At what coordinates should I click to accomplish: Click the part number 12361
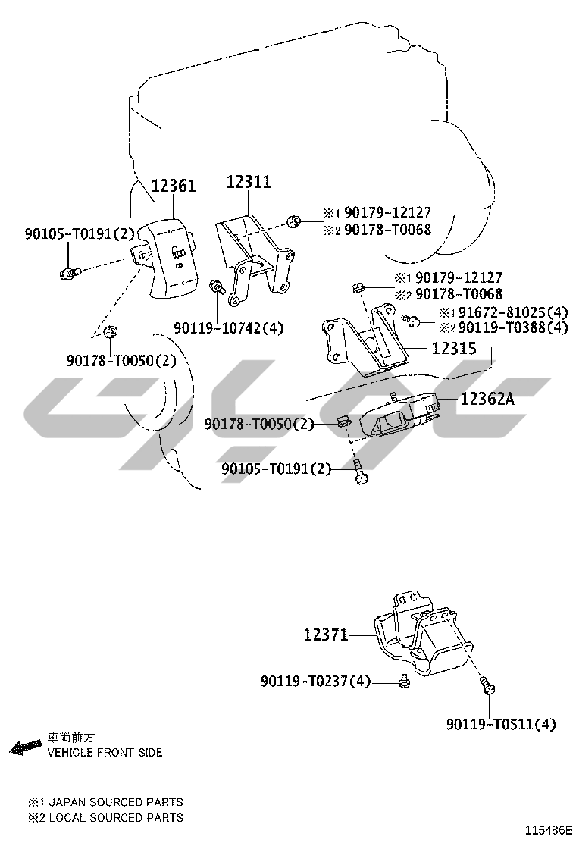174,186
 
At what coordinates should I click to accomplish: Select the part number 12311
248,182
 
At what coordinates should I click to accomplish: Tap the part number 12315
454,349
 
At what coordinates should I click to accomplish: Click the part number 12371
325,635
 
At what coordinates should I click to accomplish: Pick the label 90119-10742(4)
228,328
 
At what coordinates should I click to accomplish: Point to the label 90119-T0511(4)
500,724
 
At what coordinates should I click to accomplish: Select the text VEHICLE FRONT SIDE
105,753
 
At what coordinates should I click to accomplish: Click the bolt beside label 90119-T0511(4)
488,688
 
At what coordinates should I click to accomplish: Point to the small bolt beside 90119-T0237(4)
405,683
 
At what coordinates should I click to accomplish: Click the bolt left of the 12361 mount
67,271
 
